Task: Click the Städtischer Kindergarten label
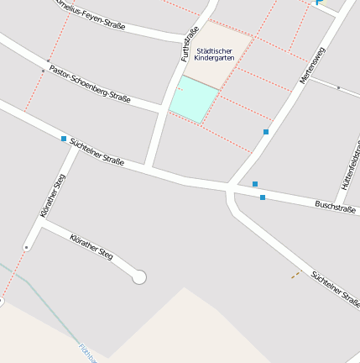pyautogui.click(x=214, y=54)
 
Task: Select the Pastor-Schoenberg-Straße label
pyautogui.click(x=90, y=84)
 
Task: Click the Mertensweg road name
pyautogui.click(x=311, y=66)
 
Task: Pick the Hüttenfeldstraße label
pyautogui.click(x=351, y=165)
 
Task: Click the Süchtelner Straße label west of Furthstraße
pyautogui.click(x=97, y=150)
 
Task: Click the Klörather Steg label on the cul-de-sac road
pyautogui.click(x=91, y=246)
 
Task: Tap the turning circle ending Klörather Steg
pyautogui.click(x=139, y=276)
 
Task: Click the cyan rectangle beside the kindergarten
pyautogui.click(x=193, y=100)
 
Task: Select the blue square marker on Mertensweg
pyautogui.click(x=266, y=132)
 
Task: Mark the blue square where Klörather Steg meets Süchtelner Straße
pyautogui.click(x=64, y=139)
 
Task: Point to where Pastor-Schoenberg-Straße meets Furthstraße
pyautogui.click(x=164, y=108)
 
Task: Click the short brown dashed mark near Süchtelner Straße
pyautogui.click(x=295, y=274)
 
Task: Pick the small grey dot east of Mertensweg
pyautogui.click(x=338, y=87)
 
